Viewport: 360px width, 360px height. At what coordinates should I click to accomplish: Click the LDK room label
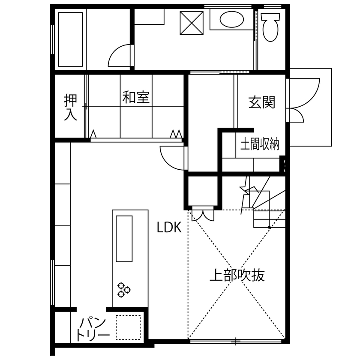click(169, 228)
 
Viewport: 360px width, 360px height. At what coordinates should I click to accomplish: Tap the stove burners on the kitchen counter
click(124, 289)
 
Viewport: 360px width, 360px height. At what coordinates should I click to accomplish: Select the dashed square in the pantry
click(128, 328)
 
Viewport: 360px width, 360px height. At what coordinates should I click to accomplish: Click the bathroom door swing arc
click(120, 56)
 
